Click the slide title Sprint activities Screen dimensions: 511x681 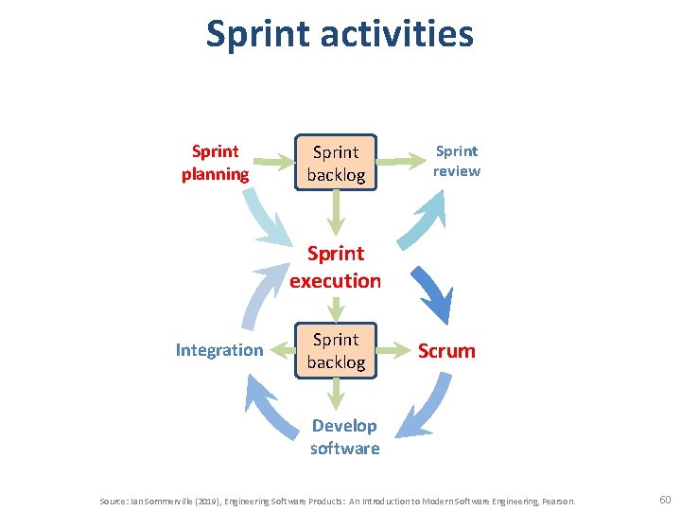pyautogui.click(x=340, y=34)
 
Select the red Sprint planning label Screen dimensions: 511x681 pyautogui.click(x=216, y=163)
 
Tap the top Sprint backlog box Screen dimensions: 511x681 pyautogui.click(x=336, y=164)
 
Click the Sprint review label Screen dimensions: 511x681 pyautogui.click(x=457, y=161)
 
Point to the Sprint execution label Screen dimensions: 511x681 pyautogui.click(x=336, y=267)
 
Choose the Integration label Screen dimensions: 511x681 pyautogui.click(x=219, y=350)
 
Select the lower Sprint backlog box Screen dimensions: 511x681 pyautogui.click(x=336, y=350)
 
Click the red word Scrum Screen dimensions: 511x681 pyautogui.click(x=446, y=351)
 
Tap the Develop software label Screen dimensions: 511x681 pyautogui.click(x=344, y=437)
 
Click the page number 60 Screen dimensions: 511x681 pyautogui.click(x=664, y=499)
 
